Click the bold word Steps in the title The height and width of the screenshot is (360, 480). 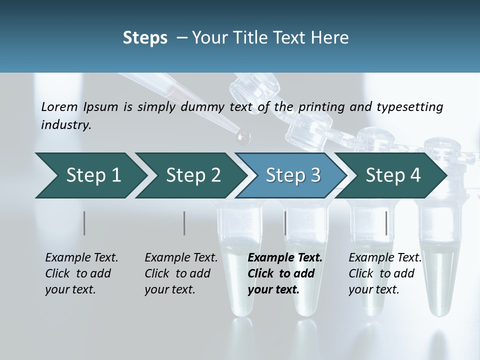(x=145, y=38)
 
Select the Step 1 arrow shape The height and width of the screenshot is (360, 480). (x=90, y=175)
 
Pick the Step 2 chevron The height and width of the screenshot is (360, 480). (x=192, y=175)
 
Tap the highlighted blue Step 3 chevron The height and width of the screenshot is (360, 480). (x=292, y=175)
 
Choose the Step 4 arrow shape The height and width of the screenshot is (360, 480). (x=392, y=175)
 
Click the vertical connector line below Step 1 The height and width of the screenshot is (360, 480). (x=84, y=223)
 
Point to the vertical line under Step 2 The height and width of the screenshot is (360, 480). (x=184, y=223)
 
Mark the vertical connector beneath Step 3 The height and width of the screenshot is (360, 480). (x=285, y=223)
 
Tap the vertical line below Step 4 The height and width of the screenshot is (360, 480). (x=386, y=223)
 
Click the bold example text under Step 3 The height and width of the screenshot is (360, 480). (x=285, y=273)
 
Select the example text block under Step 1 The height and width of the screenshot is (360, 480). (x=81, y=273)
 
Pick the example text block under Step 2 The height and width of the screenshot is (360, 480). (x=181, y=273)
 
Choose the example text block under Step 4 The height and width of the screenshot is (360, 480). (x=385, y=273)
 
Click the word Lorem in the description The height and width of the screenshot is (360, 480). (x=59, y=106)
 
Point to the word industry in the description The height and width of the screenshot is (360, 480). (x=66, y=124)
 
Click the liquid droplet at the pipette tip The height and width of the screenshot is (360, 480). (x=243, y=135)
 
